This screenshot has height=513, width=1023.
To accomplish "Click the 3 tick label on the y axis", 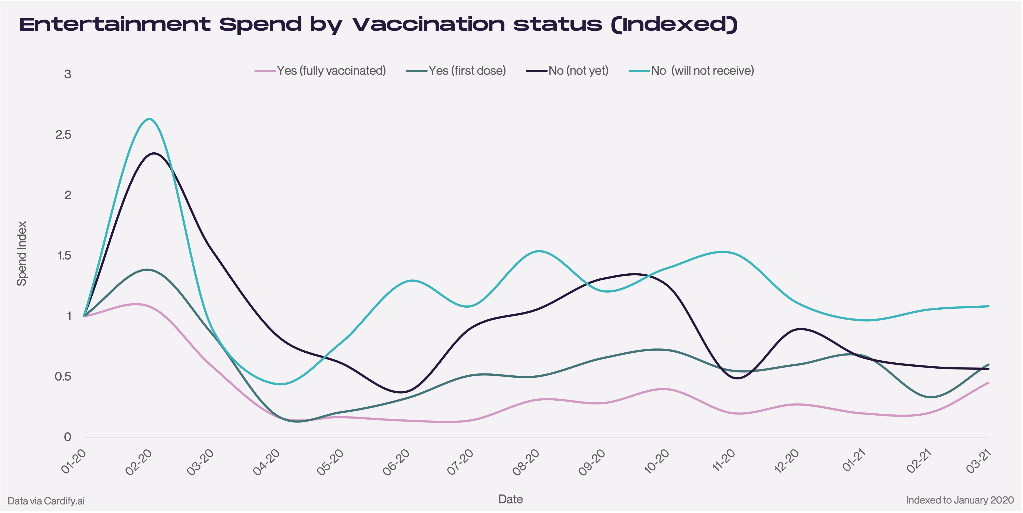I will coord(67,74).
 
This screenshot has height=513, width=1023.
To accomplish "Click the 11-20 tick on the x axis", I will coord(724,461).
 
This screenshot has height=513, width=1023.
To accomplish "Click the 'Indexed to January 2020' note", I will coord(960,500).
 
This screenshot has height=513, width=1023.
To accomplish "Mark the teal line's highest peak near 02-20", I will coord(149,119).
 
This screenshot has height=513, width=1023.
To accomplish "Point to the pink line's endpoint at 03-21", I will coord(989,382).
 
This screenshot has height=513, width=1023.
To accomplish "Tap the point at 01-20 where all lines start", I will coord(84,316).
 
